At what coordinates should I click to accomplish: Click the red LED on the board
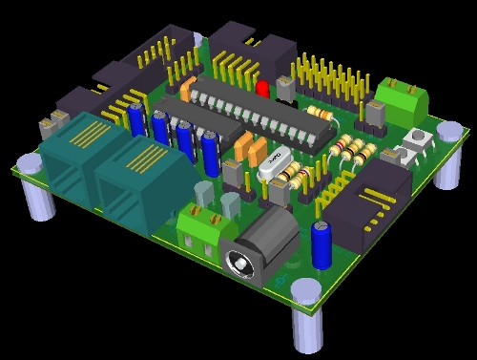pos(262,89)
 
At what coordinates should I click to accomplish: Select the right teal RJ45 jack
pos(129,186)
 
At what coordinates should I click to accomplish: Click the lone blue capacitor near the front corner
pos(323,244)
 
